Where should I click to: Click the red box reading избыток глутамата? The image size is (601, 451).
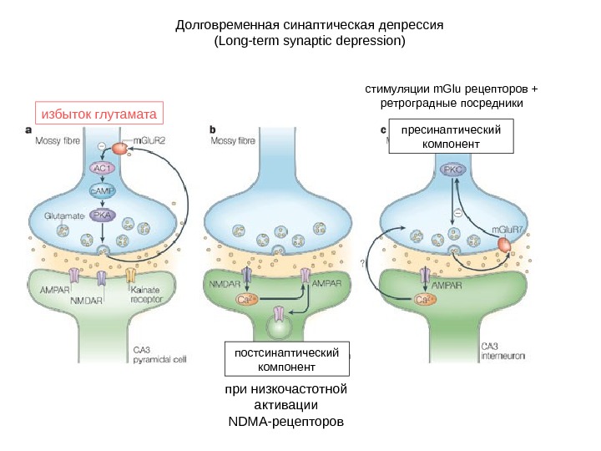tap(98, 113)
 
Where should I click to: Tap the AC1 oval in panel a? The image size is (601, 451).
tap(102, 167)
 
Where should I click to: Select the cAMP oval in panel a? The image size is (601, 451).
tap(102, 190)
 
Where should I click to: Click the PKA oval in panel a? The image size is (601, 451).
tap(102, 215)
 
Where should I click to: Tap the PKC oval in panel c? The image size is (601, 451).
tap(453, 170)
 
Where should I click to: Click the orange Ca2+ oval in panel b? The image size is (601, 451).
tap(247, 299)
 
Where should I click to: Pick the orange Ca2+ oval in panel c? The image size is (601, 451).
tap(424, 297)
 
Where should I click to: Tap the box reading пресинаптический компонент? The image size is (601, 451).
tap(452, 137)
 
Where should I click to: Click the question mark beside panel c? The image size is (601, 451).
tap(363, 262)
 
